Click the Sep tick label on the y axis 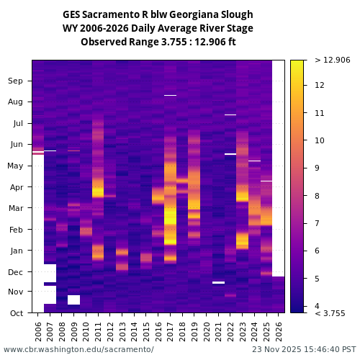tap(16, 81)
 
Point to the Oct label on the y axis tap(16, 312)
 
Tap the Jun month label tap(16, 144)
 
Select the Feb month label tap(16, 229)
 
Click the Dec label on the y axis tap(16, 271)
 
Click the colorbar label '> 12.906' tap(332, 60)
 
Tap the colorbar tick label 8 tap(318, 195)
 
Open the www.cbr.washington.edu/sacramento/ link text tap(78, 349)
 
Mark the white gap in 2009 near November tap(73, 300)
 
